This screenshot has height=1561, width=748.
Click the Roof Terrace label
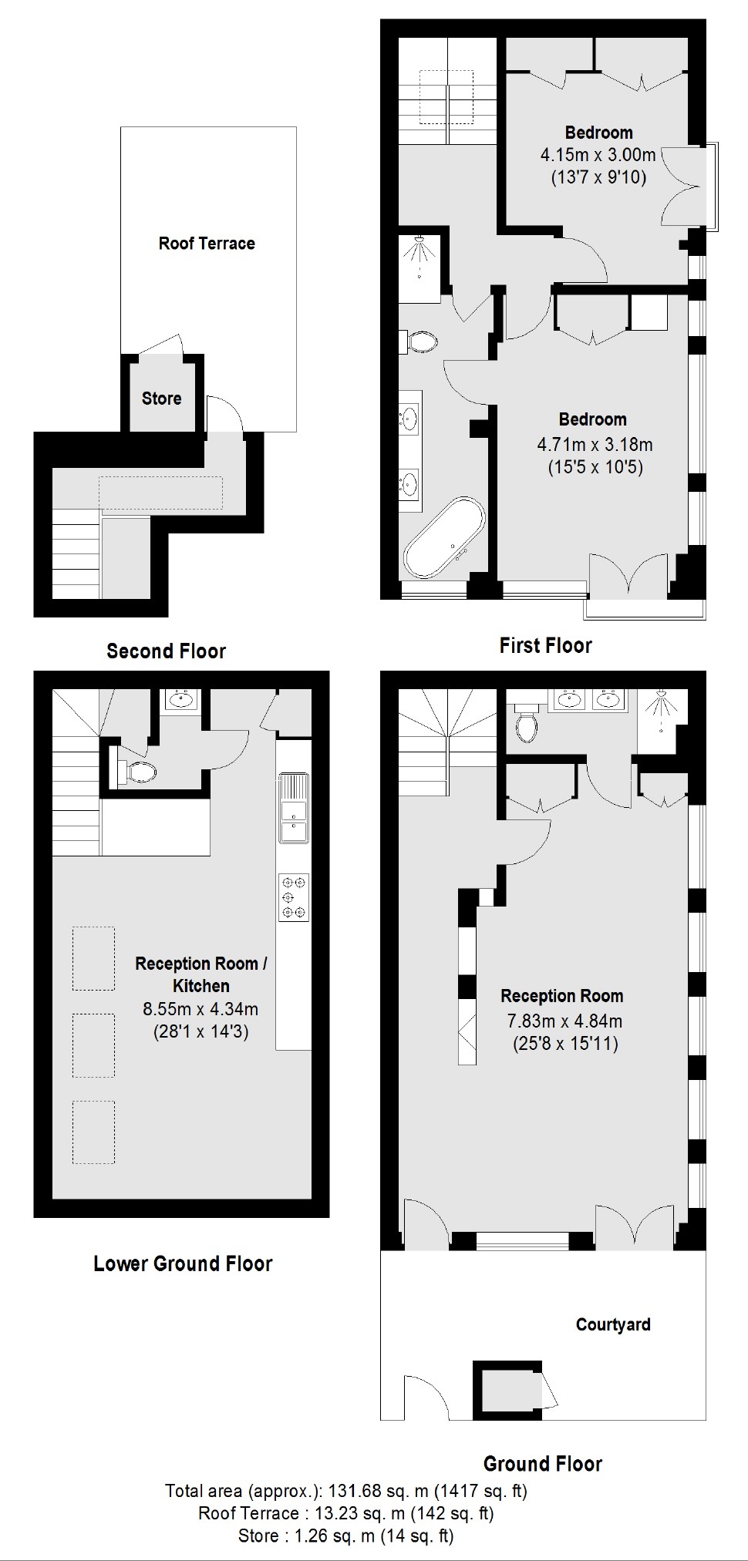[x=207, y=244]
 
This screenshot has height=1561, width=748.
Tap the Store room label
[x=162, y=399]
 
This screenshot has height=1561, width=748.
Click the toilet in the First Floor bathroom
[x=421, y=341]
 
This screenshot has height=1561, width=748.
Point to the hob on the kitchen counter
[x=293, y=897]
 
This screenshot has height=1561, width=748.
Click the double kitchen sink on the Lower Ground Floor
[x=293, y=820]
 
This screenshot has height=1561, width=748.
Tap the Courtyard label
[x=613, y=1324]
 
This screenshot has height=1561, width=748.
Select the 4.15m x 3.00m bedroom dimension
[x=598, y=155]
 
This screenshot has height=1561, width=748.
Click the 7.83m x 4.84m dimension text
[x=564, y=1021]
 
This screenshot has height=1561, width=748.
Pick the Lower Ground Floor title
[x=183, y=1263]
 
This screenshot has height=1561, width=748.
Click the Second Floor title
[x=166, y=651]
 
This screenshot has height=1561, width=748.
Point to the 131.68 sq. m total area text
[x=345, y=1491]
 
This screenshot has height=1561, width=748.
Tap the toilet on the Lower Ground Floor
[x=139, y=771]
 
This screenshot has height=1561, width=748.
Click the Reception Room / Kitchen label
[x=200, y=974]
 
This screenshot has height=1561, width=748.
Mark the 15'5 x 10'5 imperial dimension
[x=595, y=467]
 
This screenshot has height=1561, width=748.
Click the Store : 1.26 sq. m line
[x=345, y=1536]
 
